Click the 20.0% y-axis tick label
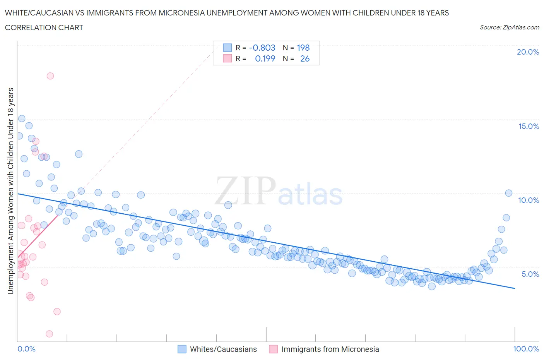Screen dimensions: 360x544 pos(528,52)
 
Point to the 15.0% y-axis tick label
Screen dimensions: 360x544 pos(529,126)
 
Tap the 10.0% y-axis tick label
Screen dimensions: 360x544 pos(529,200)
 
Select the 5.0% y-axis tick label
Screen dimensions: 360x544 pos(530,274)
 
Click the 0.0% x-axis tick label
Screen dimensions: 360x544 pos(26,349)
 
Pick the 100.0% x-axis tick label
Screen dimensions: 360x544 pos(526,349)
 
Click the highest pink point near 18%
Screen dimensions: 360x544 pos(50,76)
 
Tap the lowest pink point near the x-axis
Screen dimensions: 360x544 pos(49,334)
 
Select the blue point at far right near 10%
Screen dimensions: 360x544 pos(509,193)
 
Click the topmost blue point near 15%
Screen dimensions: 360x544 pos(22,118)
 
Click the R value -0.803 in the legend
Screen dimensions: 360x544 pos(262,48)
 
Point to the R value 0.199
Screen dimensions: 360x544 pos(265,58)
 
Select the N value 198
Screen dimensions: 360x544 pos(303,48)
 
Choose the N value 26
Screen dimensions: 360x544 pos(305,58)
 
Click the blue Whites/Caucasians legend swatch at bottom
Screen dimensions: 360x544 pos(182,349)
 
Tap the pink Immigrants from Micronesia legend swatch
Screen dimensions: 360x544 pos(273,349)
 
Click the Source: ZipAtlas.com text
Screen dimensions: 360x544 pos(509,27)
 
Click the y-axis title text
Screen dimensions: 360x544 pos(10,191)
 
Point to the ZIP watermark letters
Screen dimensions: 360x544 pos(245,191)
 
